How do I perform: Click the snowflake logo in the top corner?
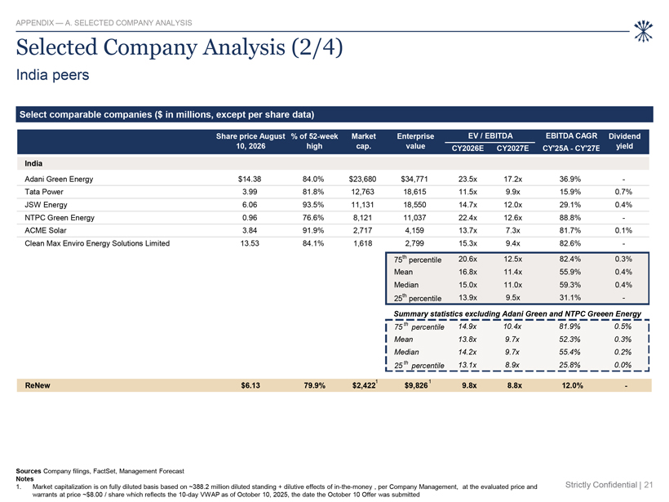[x=643, y=31]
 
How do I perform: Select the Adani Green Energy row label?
[x=59, y=180]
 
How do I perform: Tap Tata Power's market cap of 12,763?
[x=362, y=192]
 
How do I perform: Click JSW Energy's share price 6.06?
[x=250, y=205]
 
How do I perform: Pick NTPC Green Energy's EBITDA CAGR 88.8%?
[x=570, y=218]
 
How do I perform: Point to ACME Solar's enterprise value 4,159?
[x=414, y=230]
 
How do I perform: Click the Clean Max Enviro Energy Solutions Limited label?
[x=97, y=243]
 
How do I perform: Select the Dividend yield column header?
[x=624, y=141]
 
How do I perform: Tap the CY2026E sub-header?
[x=467, y=148]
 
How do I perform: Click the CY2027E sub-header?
[x=512, y=148]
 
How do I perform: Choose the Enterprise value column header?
[x=415, y=141]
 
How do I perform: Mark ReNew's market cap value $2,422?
[x=364, y=385]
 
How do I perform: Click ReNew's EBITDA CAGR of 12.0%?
[x=572, y=385]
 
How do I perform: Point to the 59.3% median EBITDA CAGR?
[x=570, y=285]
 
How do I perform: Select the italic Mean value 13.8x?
[x=467, y=340]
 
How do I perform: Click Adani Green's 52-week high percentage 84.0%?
[x=313, y=180]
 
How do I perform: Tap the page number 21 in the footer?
[x=649, y=485]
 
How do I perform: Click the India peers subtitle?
[x=52, y=75]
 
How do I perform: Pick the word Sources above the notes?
[x=29, y=471]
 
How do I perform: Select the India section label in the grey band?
[x=33, y=163]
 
